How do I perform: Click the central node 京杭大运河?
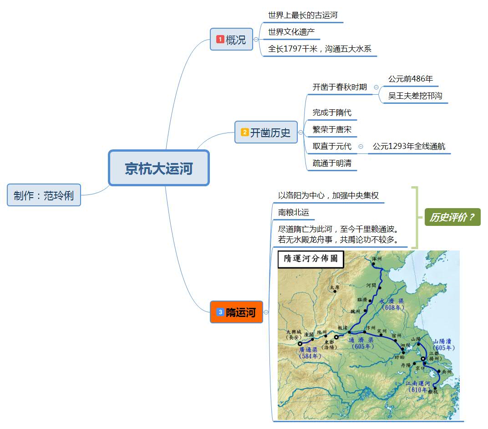point(158,168)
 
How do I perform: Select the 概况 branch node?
point(231,40)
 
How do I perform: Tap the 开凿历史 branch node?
point(266,133)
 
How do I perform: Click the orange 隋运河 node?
point(236,312)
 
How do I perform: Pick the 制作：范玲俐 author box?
point(44,195)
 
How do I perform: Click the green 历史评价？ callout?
point(452,217)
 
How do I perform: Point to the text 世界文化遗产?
point(291,32)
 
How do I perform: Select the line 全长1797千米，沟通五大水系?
point(321,49)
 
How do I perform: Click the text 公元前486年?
point(410,79)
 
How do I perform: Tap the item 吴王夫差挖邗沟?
point(415,96)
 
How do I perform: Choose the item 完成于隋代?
point(332,112)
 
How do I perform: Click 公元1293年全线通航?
point(409,146)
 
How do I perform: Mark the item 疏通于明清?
point(332,163)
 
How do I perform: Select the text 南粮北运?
point(294,212)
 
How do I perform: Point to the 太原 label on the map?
point(335,287)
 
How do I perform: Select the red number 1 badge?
point(220,40)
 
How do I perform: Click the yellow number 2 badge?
point(245,133)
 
